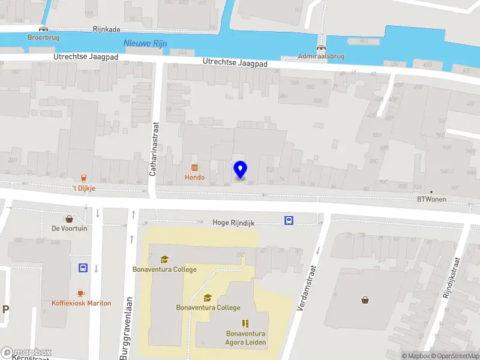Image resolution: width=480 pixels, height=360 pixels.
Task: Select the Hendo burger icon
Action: click(x=194, y=167)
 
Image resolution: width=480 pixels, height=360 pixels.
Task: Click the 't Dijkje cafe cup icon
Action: click(x=84, y=178)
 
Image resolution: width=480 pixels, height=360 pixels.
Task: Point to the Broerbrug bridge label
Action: click(x=43, y=37)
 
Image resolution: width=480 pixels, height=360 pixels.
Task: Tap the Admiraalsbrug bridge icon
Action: click(x=321, y=48)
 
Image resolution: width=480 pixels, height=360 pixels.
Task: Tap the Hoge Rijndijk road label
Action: click(x=233, y=223)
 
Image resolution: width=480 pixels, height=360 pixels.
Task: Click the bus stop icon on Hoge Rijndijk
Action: click(x=289, y=220)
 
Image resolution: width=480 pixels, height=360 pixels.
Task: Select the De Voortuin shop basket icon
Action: click(x=70, y=218)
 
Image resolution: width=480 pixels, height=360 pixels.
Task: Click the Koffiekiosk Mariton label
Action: click(x=81, y=303)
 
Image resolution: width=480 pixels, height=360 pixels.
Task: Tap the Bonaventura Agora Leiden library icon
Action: click(x=245, y=323)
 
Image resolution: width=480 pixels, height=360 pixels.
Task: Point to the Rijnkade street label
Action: click(x=107, y=28)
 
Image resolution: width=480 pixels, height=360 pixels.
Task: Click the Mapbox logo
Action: click(x=26, y=352)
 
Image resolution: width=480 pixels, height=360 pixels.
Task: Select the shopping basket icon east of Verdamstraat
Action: click(x=365, y=300)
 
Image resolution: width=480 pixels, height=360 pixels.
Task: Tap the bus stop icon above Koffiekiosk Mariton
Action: click(x=83, y=268)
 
